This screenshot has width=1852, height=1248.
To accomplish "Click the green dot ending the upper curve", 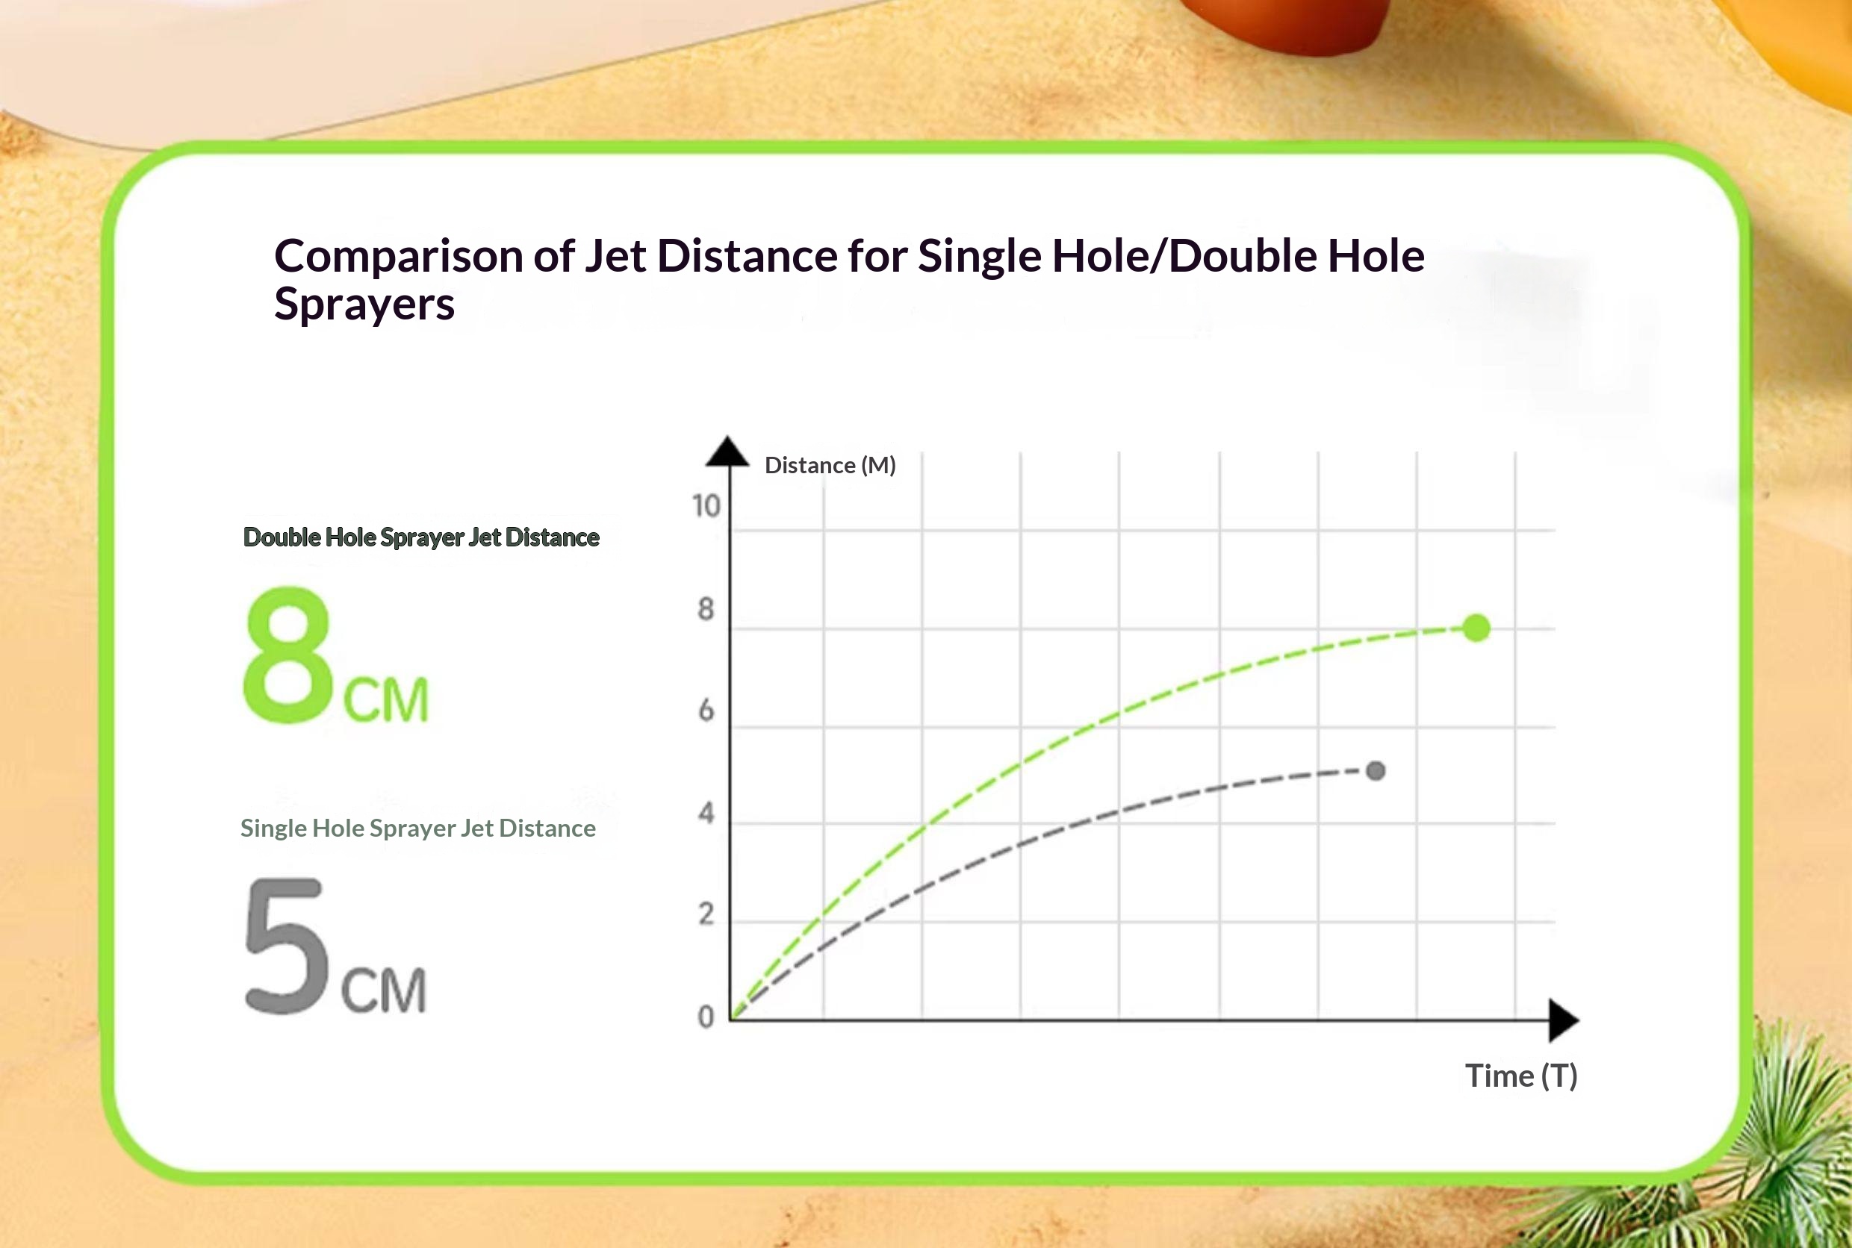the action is coord(1476,628).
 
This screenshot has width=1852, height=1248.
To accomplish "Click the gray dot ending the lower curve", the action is coord(1376,770).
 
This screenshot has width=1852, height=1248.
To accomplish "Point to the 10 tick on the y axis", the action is coord(706,506).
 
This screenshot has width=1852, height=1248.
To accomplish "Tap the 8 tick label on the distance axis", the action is coord(706,609).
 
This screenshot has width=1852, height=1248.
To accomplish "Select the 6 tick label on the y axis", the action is coord(706,710).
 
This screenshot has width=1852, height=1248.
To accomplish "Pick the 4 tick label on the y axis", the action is coord(706,813).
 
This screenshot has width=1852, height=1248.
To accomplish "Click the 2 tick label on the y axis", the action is coord(706,914).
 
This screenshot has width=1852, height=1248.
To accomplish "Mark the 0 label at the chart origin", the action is coord(706,1017).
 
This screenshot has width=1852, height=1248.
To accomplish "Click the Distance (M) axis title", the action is coord(830,465).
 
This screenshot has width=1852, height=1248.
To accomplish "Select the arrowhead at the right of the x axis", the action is coord(1564,1020).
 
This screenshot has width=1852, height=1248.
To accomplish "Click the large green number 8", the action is coord(288,655).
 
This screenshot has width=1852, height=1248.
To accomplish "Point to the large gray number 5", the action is coord(287,946).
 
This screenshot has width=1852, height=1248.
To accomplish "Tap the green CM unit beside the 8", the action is coord(386,699).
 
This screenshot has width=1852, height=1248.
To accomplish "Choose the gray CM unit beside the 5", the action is coord(384,991).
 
